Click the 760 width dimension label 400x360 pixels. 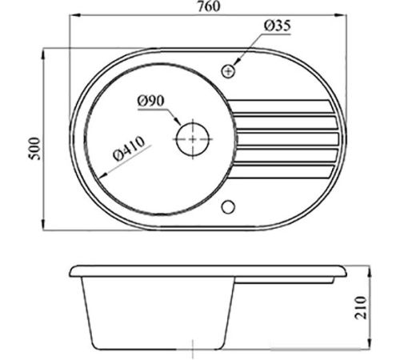click(209, 6)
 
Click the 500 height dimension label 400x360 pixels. click(35, 149)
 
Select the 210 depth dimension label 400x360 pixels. click(361, 307)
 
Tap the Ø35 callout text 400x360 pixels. click(278, 26)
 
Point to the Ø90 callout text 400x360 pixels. click(151, 101)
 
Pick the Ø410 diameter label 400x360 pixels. click(130, 149)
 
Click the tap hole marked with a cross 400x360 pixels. click(229, 71)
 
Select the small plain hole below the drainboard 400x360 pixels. click(228, 207)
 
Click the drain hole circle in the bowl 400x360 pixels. click(193, 139)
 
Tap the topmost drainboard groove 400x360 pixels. click(280, 106)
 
